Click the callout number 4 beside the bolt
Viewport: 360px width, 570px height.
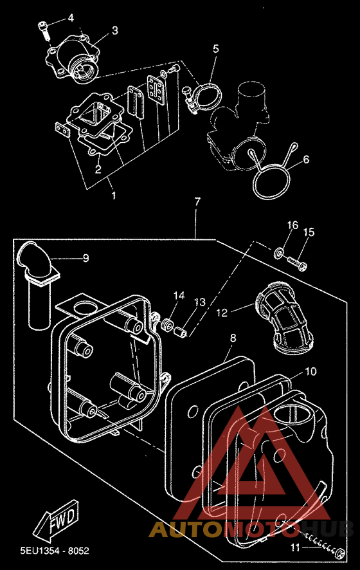click(x=71, y=17)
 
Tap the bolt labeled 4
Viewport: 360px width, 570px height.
click(x=44, y=30)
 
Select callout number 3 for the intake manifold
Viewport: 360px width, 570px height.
click(x=115, y=30)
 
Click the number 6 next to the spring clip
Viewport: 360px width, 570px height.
click(x=306, y=159)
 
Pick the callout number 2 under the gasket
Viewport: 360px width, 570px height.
click(x=98, y=169)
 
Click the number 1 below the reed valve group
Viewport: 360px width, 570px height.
click(x=114, y=196)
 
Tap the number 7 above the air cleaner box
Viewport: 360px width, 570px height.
click(x=197, y=202)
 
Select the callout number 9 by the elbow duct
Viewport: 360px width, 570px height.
click(x=85, y=258)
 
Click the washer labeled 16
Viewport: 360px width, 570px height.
click(x=279, y=252)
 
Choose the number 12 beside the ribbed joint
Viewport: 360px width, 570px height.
click(x=222, y=312)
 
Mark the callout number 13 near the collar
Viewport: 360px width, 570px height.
click(x=200, y=302)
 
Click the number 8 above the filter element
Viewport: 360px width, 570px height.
click(x=233, y=338)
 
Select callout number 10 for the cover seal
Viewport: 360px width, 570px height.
click(x=310, y=371)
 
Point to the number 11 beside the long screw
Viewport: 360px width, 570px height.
click(x=295, y=547)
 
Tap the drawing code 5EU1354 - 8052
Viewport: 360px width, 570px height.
click(x=55, y=551)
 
